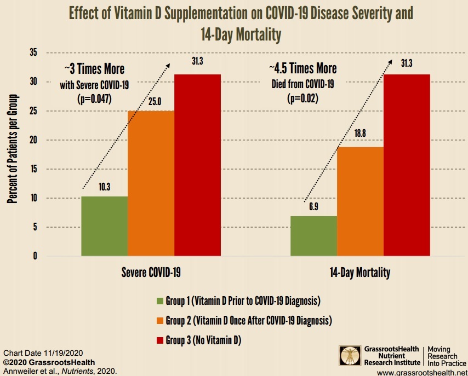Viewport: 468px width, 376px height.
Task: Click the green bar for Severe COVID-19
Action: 104,226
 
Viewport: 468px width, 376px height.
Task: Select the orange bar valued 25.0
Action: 151,183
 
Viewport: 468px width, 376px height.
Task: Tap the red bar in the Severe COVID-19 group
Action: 197,165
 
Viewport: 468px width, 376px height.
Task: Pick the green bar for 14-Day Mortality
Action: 313,236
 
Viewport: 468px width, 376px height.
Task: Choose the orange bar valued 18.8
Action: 360,201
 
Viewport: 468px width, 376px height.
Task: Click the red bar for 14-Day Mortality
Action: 407,165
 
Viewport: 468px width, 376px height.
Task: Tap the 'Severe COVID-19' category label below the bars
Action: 151,272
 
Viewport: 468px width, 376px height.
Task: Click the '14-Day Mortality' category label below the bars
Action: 360,272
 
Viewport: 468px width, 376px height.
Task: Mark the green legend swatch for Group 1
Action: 159,300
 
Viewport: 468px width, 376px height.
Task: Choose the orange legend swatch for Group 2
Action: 159,320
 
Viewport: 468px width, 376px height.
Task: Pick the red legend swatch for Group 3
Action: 159,340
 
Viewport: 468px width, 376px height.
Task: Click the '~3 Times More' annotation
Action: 94,70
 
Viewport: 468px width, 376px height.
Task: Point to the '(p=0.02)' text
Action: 303,99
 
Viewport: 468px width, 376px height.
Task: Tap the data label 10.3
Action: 105,187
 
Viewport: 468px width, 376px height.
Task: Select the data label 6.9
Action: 314,207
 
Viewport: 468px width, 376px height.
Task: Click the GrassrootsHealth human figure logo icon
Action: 350,355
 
